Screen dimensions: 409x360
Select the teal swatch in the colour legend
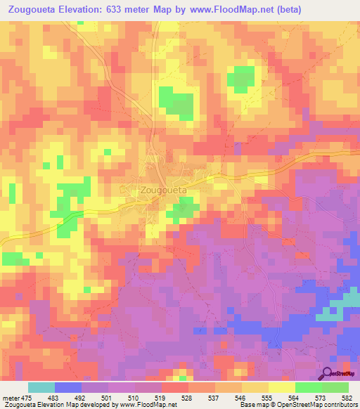[41, 387]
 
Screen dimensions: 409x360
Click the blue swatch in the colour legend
[68, 387]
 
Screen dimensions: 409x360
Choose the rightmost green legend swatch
[335, 387]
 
